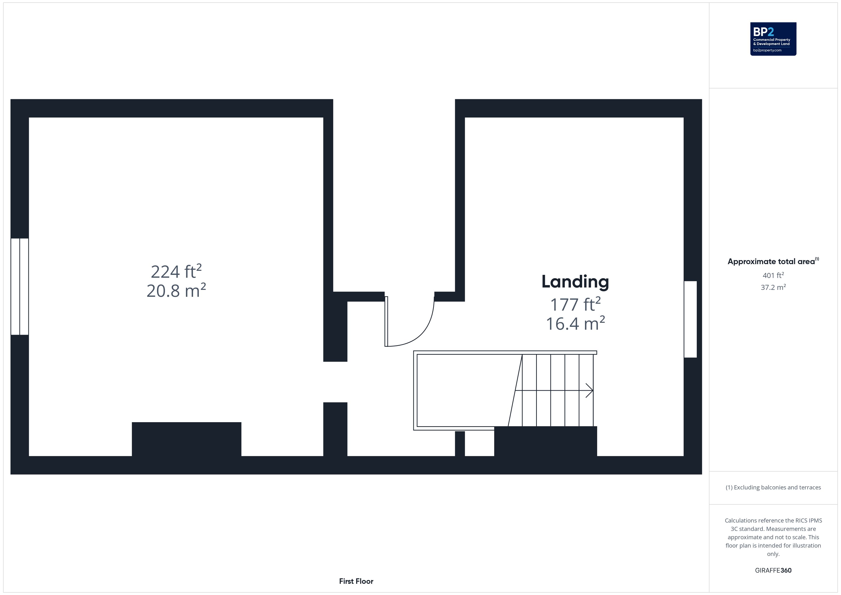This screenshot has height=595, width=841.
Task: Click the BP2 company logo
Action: (x=773, y=39)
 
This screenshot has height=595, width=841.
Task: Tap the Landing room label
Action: (x=575, y=282)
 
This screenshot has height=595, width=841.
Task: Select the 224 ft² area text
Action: (x=176, y=272)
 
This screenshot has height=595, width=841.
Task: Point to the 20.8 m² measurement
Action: (x=176, y=291)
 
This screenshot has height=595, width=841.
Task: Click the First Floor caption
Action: (x=356, y=581)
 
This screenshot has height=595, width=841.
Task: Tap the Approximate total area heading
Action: (x=773, y=261)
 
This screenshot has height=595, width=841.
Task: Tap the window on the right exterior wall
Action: (x=690, y=319)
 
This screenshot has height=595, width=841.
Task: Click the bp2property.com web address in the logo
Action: (x=767, y=50)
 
